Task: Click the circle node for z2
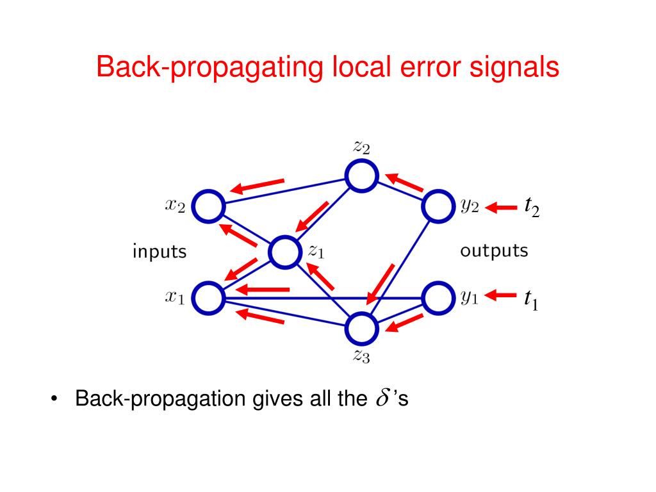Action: click(362, 176)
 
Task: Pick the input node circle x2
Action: click(208, 207)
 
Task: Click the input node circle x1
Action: click(208, 298)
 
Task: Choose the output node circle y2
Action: click(439, 206)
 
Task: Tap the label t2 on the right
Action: click(532, 207)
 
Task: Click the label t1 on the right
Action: click(531, 299)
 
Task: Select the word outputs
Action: click(494, 250)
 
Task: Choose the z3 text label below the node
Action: click(361, 357)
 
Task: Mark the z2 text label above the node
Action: click(361, 147)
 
